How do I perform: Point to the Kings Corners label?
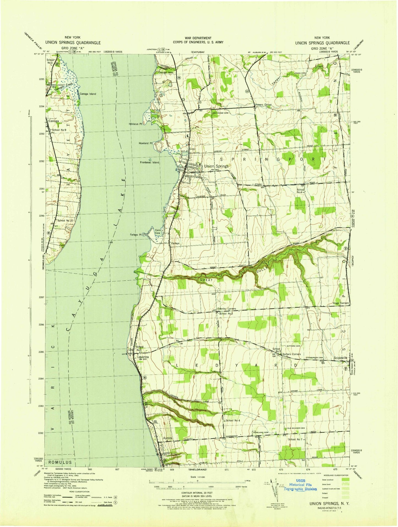pyautogui.click(x=341, y=303)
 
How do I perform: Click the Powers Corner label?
pyautogui.click(x=263, y=105)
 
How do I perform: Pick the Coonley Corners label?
pyautogui.click(x=227, y=309)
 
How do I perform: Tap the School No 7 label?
pyautogui.click(x=295, y=439)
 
